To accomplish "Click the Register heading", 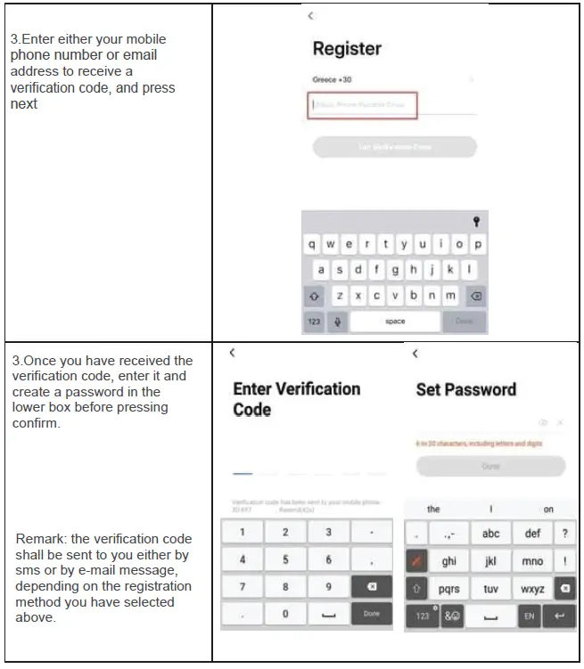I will pos(346,49).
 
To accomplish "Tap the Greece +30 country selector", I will pos(333,80).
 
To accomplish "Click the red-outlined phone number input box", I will pos(363,104).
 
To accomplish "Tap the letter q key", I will pos(312,244).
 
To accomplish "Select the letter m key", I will pos(450,296).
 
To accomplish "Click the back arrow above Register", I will pos(310,16).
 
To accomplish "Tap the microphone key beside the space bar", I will pos(337,322).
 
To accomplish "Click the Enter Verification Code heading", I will pos(296,399).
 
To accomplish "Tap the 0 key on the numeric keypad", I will pos(285,614).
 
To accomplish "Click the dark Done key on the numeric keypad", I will pos(372,614).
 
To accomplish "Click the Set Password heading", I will pos(465,389).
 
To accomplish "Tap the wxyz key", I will pos(532,589).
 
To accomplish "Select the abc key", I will pos(490,534).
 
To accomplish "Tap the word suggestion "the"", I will pos(433,510).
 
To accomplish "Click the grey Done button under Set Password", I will pos(490,466).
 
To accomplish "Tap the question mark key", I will pos(564,534).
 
